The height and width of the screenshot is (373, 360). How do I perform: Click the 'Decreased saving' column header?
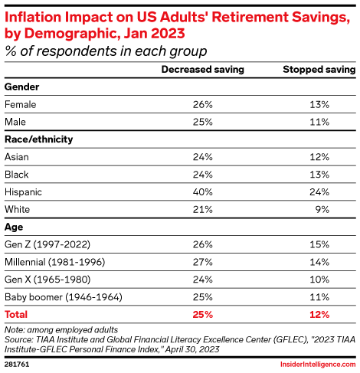(x=202, y=70)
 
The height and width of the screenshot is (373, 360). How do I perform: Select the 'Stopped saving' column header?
(x=319, y=70)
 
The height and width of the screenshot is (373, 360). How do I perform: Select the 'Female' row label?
(x=20, y=104)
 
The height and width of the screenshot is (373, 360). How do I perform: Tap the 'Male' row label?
(x=16, y=122)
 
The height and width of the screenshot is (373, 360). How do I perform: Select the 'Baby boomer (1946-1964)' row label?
(x=58, y=296)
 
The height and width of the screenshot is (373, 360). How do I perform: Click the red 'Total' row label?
(x=18, y=314)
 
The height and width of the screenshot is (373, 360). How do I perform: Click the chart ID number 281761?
(x=17, y=365)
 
